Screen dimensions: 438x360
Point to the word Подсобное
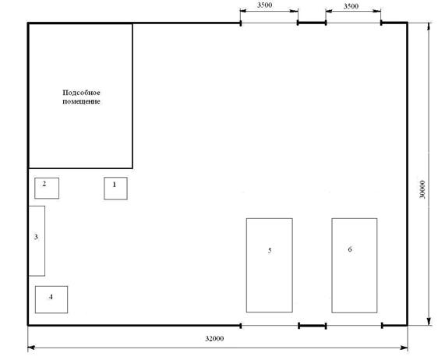[x=81, y=93]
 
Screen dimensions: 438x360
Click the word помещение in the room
[x=81, y=101]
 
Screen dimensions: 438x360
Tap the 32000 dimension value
[x=214, y=338]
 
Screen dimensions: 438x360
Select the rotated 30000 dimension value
[x=422, y=189]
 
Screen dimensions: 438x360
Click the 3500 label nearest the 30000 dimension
[x=351, y=6]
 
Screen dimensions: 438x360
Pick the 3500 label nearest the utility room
[x=264, y=5]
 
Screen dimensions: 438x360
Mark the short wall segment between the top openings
[x=312, y=23]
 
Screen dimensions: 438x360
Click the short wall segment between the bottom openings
[x=313, y=326]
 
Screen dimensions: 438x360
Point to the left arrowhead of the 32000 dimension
[x=30, y=348]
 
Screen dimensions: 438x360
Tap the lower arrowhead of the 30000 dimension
[x=429, y=322]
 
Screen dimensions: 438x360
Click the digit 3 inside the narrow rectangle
[x=36, y=237]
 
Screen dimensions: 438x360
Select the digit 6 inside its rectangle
[x=350, y=249]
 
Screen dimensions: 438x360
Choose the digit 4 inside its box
[x=51, y=297]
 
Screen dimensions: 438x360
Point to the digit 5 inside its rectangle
[x=270, y=250]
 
